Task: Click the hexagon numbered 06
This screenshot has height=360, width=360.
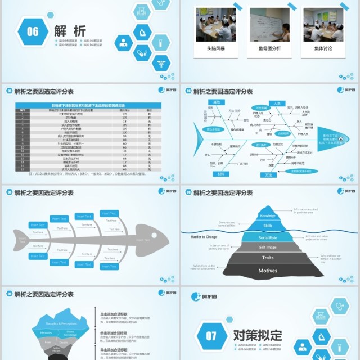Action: pyautogui.click(x=33, y=31)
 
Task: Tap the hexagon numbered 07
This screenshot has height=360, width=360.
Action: pyautogui.click(x=210, y=336)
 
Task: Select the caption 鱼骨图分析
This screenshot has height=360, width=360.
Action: pyautogui.click(x=269, y=49)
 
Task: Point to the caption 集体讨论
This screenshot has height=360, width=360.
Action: pyautogui.click(x=323, y=49)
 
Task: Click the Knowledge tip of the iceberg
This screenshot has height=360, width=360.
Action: pyautogui.click(x=268, y=215)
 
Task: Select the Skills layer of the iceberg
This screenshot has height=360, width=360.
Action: pyautogui.click(x=268, y=226)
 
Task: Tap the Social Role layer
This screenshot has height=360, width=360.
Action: pyautogui.click(x=268, y=237)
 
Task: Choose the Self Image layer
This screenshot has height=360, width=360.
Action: pyautogui.click(x=268, y=247)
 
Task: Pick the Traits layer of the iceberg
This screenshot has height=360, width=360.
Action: pyautogui.click(x=268, y=258)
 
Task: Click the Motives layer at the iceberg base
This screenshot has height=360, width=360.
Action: pyautogui.click(x=268, y=271)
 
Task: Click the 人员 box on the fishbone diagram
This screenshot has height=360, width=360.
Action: pyautogui.click(x=276, y=103)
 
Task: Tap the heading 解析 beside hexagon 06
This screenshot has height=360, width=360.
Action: pyautogui.click(x=70, y=30)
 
